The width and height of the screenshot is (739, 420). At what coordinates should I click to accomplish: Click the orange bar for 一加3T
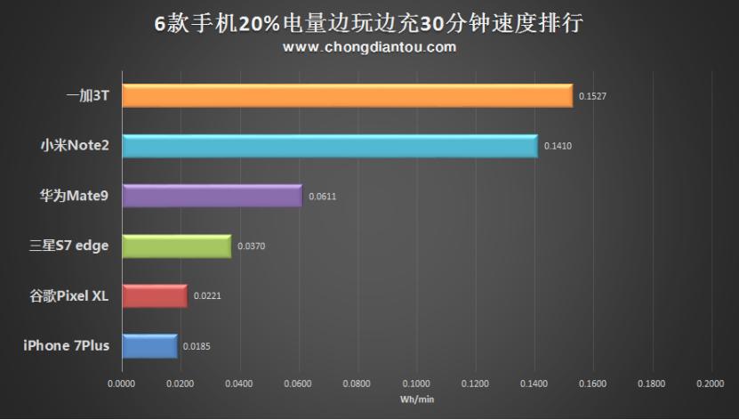(347, 96)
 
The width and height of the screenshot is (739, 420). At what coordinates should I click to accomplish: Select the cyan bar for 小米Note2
(329, 146)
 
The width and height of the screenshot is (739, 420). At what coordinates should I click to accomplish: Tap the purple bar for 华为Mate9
(212, 196)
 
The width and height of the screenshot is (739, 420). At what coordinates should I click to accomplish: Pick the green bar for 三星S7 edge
(176, 246)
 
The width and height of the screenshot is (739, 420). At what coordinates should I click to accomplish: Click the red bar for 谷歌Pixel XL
(154, 295)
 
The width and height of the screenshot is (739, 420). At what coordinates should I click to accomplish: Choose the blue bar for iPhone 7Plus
(149, 345)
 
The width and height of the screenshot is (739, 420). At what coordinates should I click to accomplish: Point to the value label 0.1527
(592, 96)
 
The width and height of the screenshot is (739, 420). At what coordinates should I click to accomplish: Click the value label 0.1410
(558, 146)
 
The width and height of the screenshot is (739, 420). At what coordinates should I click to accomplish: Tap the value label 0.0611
(322, 196)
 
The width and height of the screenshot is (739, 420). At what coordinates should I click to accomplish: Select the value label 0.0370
(251, 246)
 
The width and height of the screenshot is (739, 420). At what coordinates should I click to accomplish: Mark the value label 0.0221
(207, 295)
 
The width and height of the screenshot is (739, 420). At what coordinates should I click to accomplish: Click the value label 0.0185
(197, 345)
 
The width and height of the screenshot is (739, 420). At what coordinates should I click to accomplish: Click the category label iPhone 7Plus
(67, 345)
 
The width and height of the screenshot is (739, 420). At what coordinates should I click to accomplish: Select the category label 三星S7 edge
(68, 246)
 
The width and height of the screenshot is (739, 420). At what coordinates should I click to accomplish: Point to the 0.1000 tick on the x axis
(415, 384)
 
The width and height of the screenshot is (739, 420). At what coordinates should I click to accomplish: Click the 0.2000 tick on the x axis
(710, 384)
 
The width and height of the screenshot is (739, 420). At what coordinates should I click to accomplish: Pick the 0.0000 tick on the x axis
(122, 384)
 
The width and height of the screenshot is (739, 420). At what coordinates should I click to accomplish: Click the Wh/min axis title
(416, 400)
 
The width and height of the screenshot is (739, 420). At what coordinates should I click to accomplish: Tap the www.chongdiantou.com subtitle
(369, 47)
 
